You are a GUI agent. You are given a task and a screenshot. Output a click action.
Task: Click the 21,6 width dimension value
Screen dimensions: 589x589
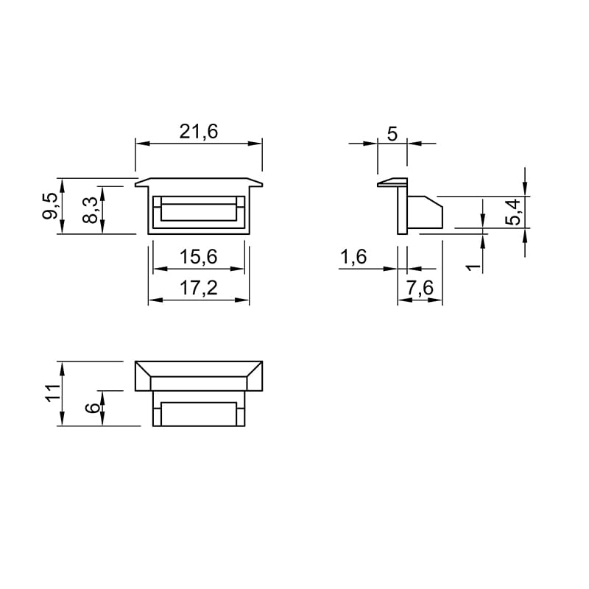198,132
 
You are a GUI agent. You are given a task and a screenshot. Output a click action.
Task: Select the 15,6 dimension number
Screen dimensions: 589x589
198,257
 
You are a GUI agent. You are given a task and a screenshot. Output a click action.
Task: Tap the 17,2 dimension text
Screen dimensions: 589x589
199,288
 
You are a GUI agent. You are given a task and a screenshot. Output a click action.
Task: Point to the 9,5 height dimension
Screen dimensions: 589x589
50,205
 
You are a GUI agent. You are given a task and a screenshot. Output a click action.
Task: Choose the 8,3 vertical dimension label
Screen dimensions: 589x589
90,211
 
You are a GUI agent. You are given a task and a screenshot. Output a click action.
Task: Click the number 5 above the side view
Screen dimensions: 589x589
392,134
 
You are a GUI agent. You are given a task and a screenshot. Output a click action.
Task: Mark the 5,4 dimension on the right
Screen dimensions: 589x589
513,212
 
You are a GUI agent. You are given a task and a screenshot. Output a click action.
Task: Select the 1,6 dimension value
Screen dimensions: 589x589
353,257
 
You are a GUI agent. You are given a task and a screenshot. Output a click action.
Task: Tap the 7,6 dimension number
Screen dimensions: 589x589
420,288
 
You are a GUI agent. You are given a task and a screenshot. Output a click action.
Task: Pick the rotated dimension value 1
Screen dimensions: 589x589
473,267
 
